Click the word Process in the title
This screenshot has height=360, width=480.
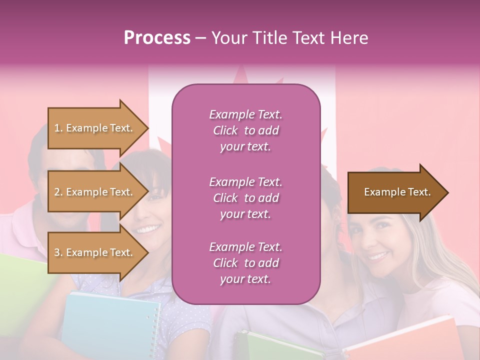click(157, 38)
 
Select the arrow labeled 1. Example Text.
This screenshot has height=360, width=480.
click(95, 128)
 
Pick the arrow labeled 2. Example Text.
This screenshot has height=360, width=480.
click(95, 192)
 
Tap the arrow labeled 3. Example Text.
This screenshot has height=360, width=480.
click(95, 252)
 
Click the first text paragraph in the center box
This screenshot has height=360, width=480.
click(245, 130)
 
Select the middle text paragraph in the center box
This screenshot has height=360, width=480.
click(245, 198)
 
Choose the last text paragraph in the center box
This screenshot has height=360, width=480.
click(245, 263)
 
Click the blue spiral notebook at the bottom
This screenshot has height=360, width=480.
click(110, 325)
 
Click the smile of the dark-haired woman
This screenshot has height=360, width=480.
click(147, 229)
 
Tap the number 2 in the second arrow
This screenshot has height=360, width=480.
click(56, 192)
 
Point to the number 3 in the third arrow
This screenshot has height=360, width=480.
click(56, 252)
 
